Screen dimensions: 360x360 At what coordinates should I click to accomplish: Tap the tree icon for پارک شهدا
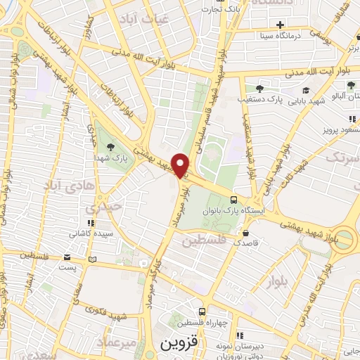pyautogui.click(x=111, y=146)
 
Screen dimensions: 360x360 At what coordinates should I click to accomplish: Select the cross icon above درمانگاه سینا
pyautogui.click(x=281, y=25)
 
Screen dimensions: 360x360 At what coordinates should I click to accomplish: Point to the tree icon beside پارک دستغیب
pyautogui.click(x=259, y=89)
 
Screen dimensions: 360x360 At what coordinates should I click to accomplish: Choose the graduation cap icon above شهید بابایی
pyautogui.click(x=306, y=91)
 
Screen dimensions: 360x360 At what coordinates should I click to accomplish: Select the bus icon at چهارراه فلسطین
pyautogui.click(x=202, y=311)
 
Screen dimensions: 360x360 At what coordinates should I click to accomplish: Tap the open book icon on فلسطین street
pyautogui.click(x=91, y=259)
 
